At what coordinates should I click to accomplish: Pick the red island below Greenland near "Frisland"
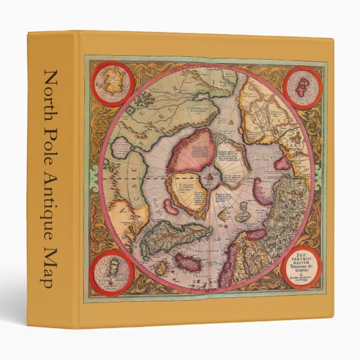click(187, 261)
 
